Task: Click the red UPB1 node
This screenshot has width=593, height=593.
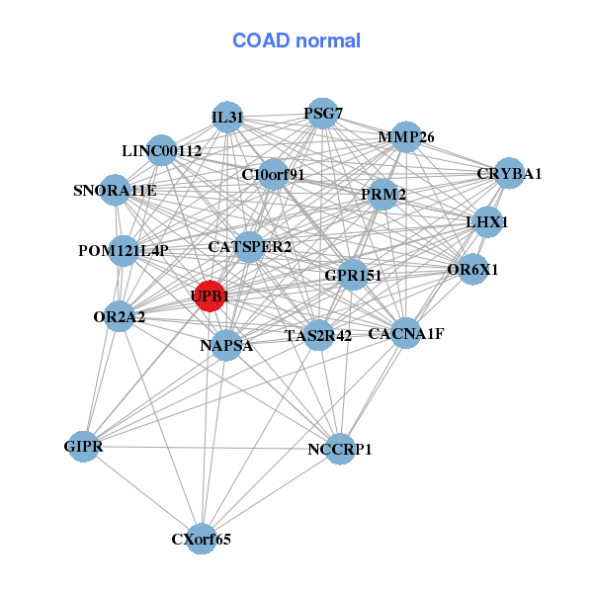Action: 210,296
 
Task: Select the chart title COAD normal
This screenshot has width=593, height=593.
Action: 296,42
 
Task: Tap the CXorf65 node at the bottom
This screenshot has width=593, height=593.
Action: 202,538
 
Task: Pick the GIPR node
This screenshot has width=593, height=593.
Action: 85,448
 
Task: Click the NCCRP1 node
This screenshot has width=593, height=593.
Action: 339,449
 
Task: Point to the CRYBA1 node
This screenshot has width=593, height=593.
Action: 508,174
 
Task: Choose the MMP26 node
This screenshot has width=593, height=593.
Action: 405,137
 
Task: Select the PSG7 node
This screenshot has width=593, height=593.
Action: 322,114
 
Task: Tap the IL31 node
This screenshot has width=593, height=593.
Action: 227,118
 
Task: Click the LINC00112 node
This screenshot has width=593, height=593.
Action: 162,151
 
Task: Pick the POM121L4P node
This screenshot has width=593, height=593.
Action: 124,250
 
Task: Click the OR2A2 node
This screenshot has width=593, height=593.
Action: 120,316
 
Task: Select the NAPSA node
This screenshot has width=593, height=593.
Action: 226,345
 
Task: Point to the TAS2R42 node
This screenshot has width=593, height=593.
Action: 318,335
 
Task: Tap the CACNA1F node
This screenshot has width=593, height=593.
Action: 405,333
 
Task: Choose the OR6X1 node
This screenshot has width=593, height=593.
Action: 473,269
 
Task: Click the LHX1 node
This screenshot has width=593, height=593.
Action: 486,222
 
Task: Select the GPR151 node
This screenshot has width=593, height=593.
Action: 353,275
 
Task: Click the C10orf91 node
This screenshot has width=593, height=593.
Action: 274,175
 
